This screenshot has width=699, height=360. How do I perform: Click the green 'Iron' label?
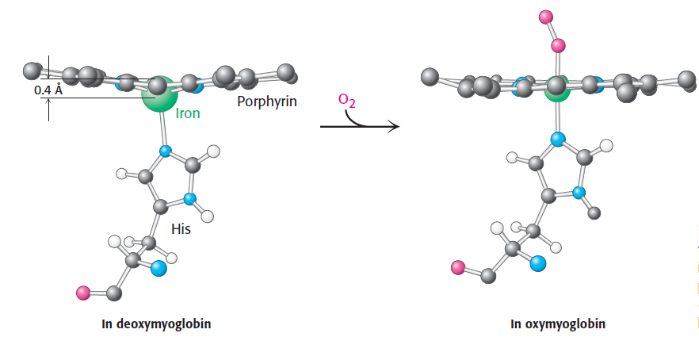tap(187, 113)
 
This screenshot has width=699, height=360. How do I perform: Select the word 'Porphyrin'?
tap(267, 101)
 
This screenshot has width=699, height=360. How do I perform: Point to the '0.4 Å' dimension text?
tap(49, 90)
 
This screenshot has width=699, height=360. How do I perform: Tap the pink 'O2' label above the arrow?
tap(346, 99)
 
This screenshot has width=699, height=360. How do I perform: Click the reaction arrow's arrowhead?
tap(393, 127)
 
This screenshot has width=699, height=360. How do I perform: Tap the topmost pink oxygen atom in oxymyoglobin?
tap(544, 16)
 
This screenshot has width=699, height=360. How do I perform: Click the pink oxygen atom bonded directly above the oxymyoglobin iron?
tap(558, 45)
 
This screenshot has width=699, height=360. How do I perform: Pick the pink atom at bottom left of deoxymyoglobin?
tap(83, 293)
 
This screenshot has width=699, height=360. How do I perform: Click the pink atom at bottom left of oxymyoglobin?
tap(457, 267)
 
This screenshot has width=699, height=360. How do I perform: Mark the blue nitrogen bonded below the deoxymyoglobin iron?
tap(165, 151)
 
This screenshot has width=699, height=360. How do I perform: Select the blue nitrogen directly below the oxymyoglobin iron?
tap(558, 140)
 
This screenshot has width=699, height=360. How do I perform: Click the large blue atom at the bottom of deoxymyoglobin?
tap(159, 268)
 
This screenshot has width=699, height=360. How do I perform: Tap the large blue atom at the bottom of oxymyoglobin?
tap(539, 263)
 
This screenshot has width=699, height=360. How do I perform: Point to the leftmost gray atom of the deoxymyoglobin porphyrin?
tap(32, 71)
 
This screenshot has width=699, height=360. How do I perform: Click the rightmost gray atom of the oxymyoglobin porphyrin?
tap(686, 79)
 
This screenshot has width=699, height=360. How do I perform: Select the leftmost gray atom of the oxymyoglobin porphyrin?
tap(430, 77)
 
